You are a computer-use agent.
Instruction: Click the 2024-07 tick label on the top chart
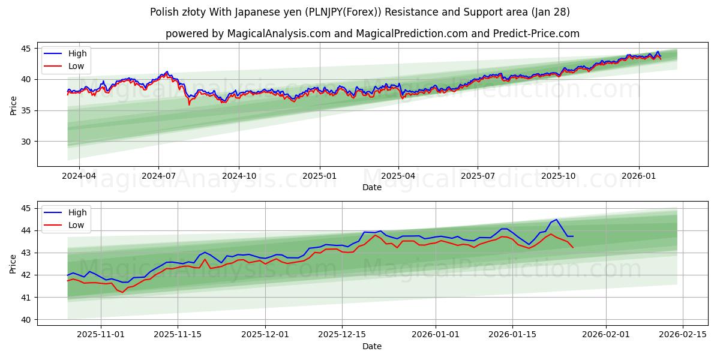pyautogui.click(x=158, y=176)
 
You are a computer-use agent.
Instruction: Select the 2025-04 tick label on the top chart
pyautogui.click(x=398, y=176)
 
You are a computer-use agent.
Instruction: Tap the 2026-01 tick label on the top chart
pyautogui.click(x=638, y=176)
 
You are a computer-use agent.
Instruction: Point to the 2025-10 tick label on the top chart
pyautogui.click(x=559, y=176)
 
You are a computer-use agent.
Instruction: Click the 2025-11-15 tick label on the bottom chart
pyautogui.click(x=178, y=335)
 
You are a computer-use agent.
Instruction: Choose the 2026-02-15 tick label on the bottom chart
pyautogui.click(x=683, y=335)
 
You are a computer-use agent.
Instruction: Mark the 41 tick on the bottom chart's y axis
pyautogui.click(x=26, y=298)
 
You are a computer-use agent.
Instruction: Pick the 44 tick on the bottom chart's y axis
pyautogui.click(x=26, y=230)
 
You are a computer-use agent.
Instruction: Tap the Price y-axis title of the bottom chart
pyautogui.click(x=13, y=263)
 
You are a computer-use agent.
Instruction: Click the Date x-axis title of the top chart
pyautogui.click(x=372, y=188)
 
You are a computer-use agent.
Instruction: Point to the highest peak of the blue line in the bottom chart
pyautogui.click(x=556, y=220)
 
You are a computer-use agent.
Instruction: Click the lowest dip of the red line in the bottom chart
pyautogui.click(x=123, y=292)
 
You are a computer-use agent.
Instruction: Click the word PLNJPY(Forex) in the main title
pyautogui.click(x=328, y=12)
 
